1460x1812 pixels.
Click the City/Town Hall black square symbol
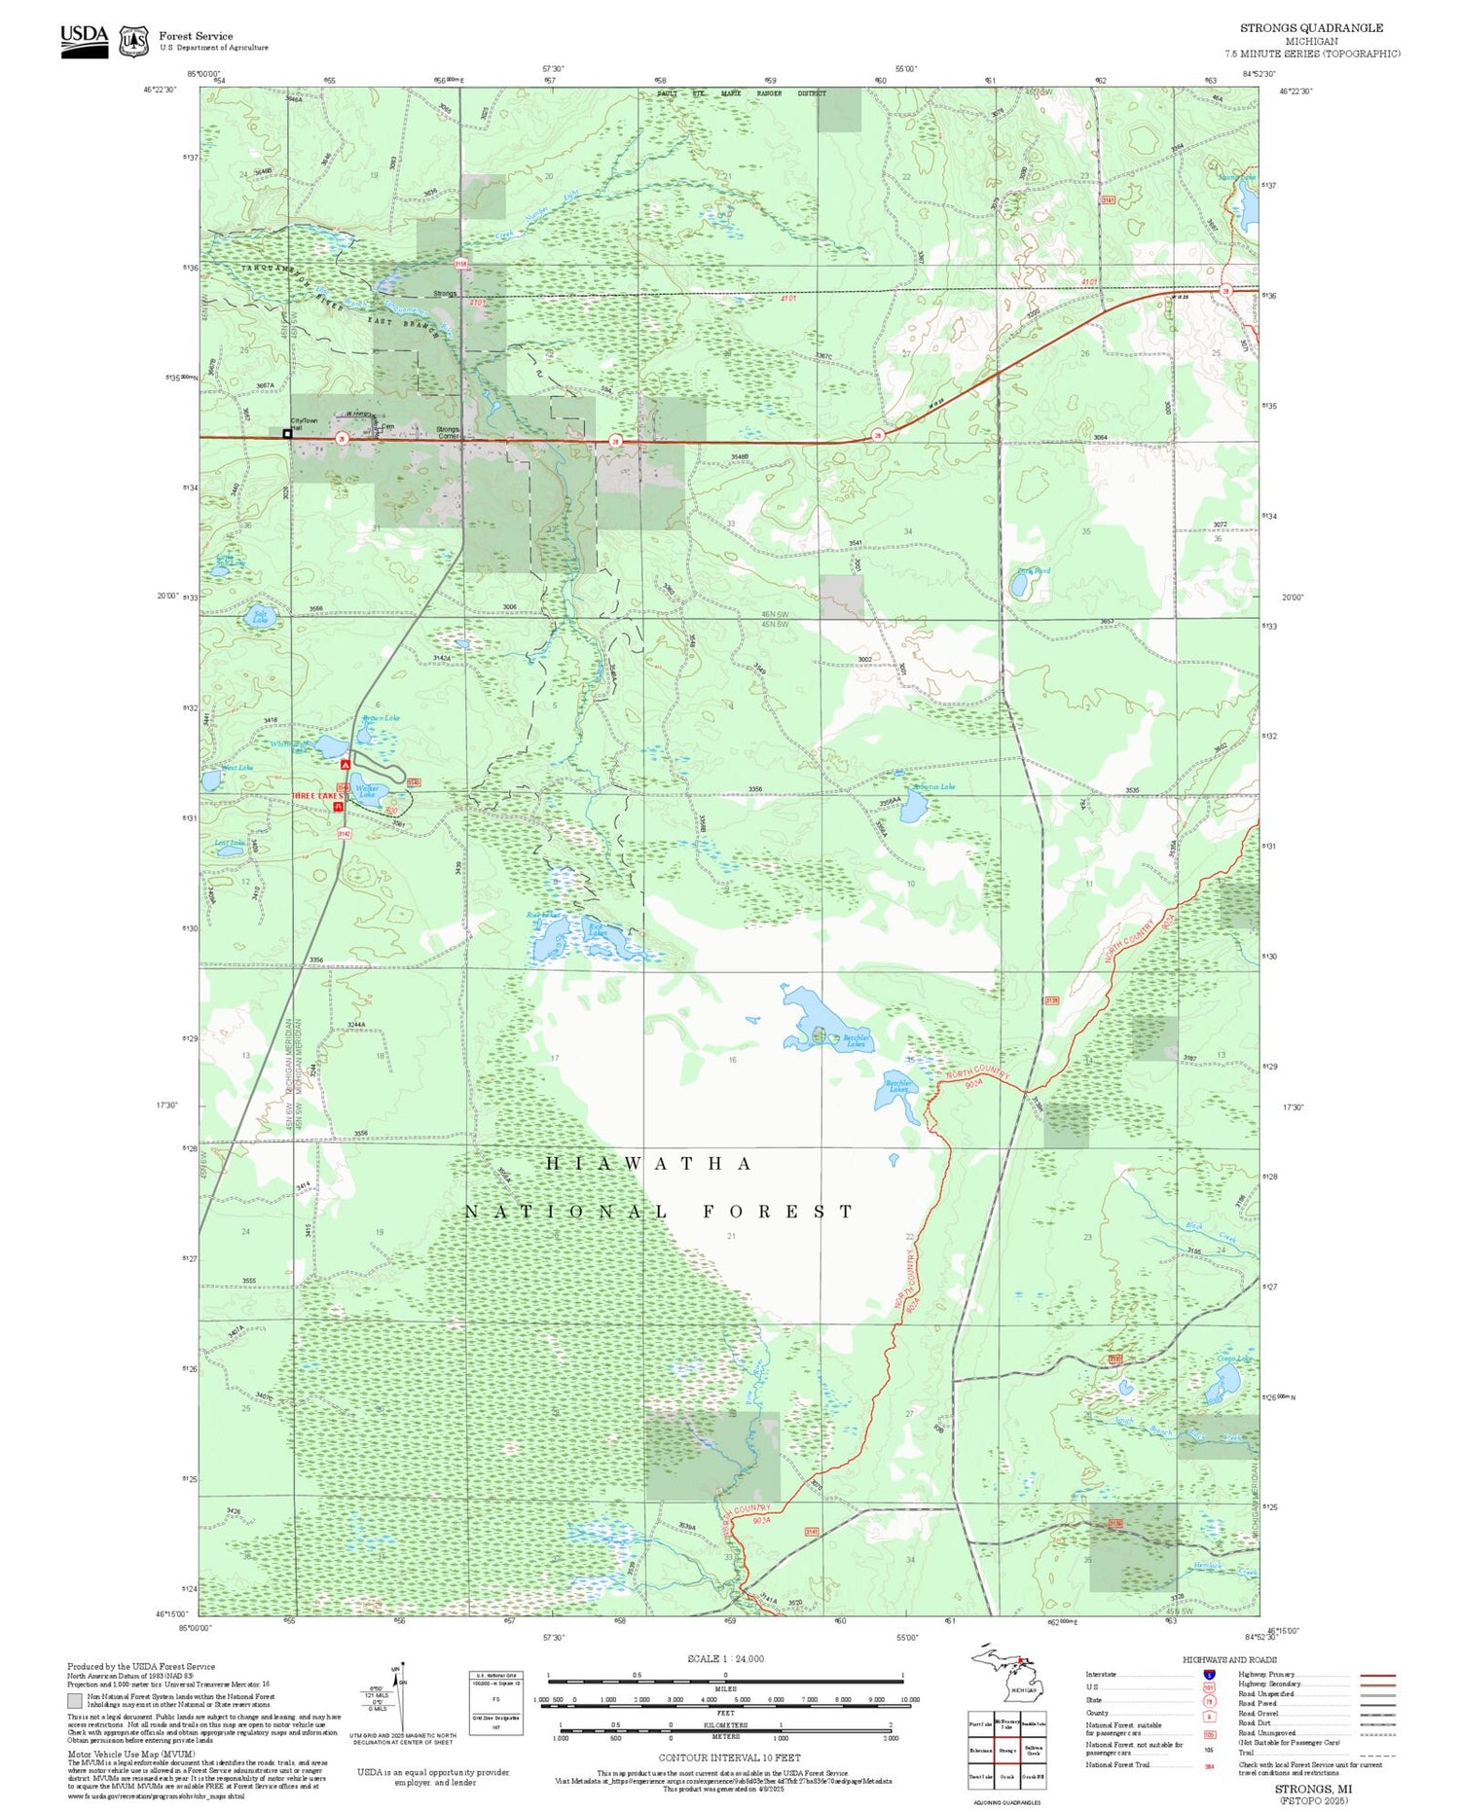click(x=287, y=433)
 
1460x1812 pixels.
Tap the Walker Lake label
click(x=367, y=792)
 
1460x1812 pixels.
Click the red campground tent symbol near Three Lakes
click(x=345, y=767)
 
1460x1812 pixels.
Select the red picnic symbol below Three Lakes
click(x=339, y=807)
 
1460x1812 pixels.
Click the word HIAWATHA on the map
click(x=648, y=1164)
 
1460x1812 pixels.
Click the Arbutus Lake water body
click(x=912, y=807)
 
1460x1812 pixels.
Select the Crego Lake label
click(x=1233, y=1359)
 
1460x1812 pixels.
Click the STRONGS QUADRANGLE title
click(x=1311, y=28)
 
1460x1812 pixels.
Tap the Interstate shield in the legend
click(x=1208, y=1674)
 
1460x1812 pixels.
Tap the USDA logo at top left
click(x=85, y=41)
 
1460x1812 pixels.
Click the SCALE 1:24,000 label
click(x=725, y=1659)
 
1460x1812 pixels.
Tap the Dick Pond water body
click(x=1019, y=586)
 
